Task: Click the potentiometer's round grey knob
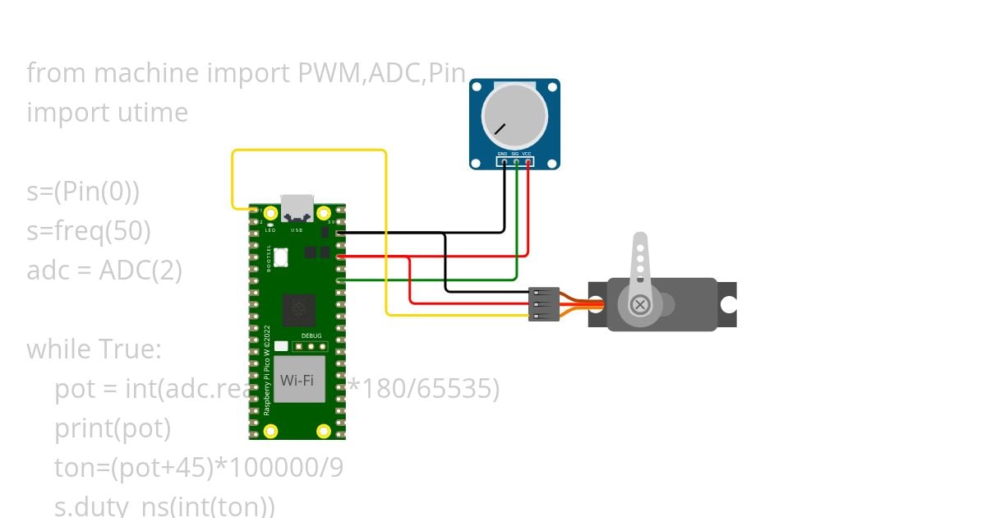514,114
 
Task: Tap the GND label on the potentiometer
502,154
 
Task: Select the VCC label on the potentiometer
528,154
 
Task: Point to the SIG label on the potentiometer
515,154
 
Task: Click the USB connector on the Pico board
297,209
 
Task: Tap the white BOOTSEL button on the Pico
281,257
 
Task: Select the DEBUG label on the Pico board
311,335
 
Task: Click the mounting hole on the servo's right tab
727,305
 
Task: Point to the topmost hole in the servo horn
640,243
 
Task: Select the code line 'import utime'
108,113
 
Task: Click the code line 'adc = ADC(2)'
104,270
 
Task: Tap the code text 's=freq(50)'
89,231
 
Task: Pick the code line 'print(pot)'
113,428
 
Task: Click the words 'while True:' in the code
94,349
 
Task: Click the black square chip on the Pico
297,310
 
